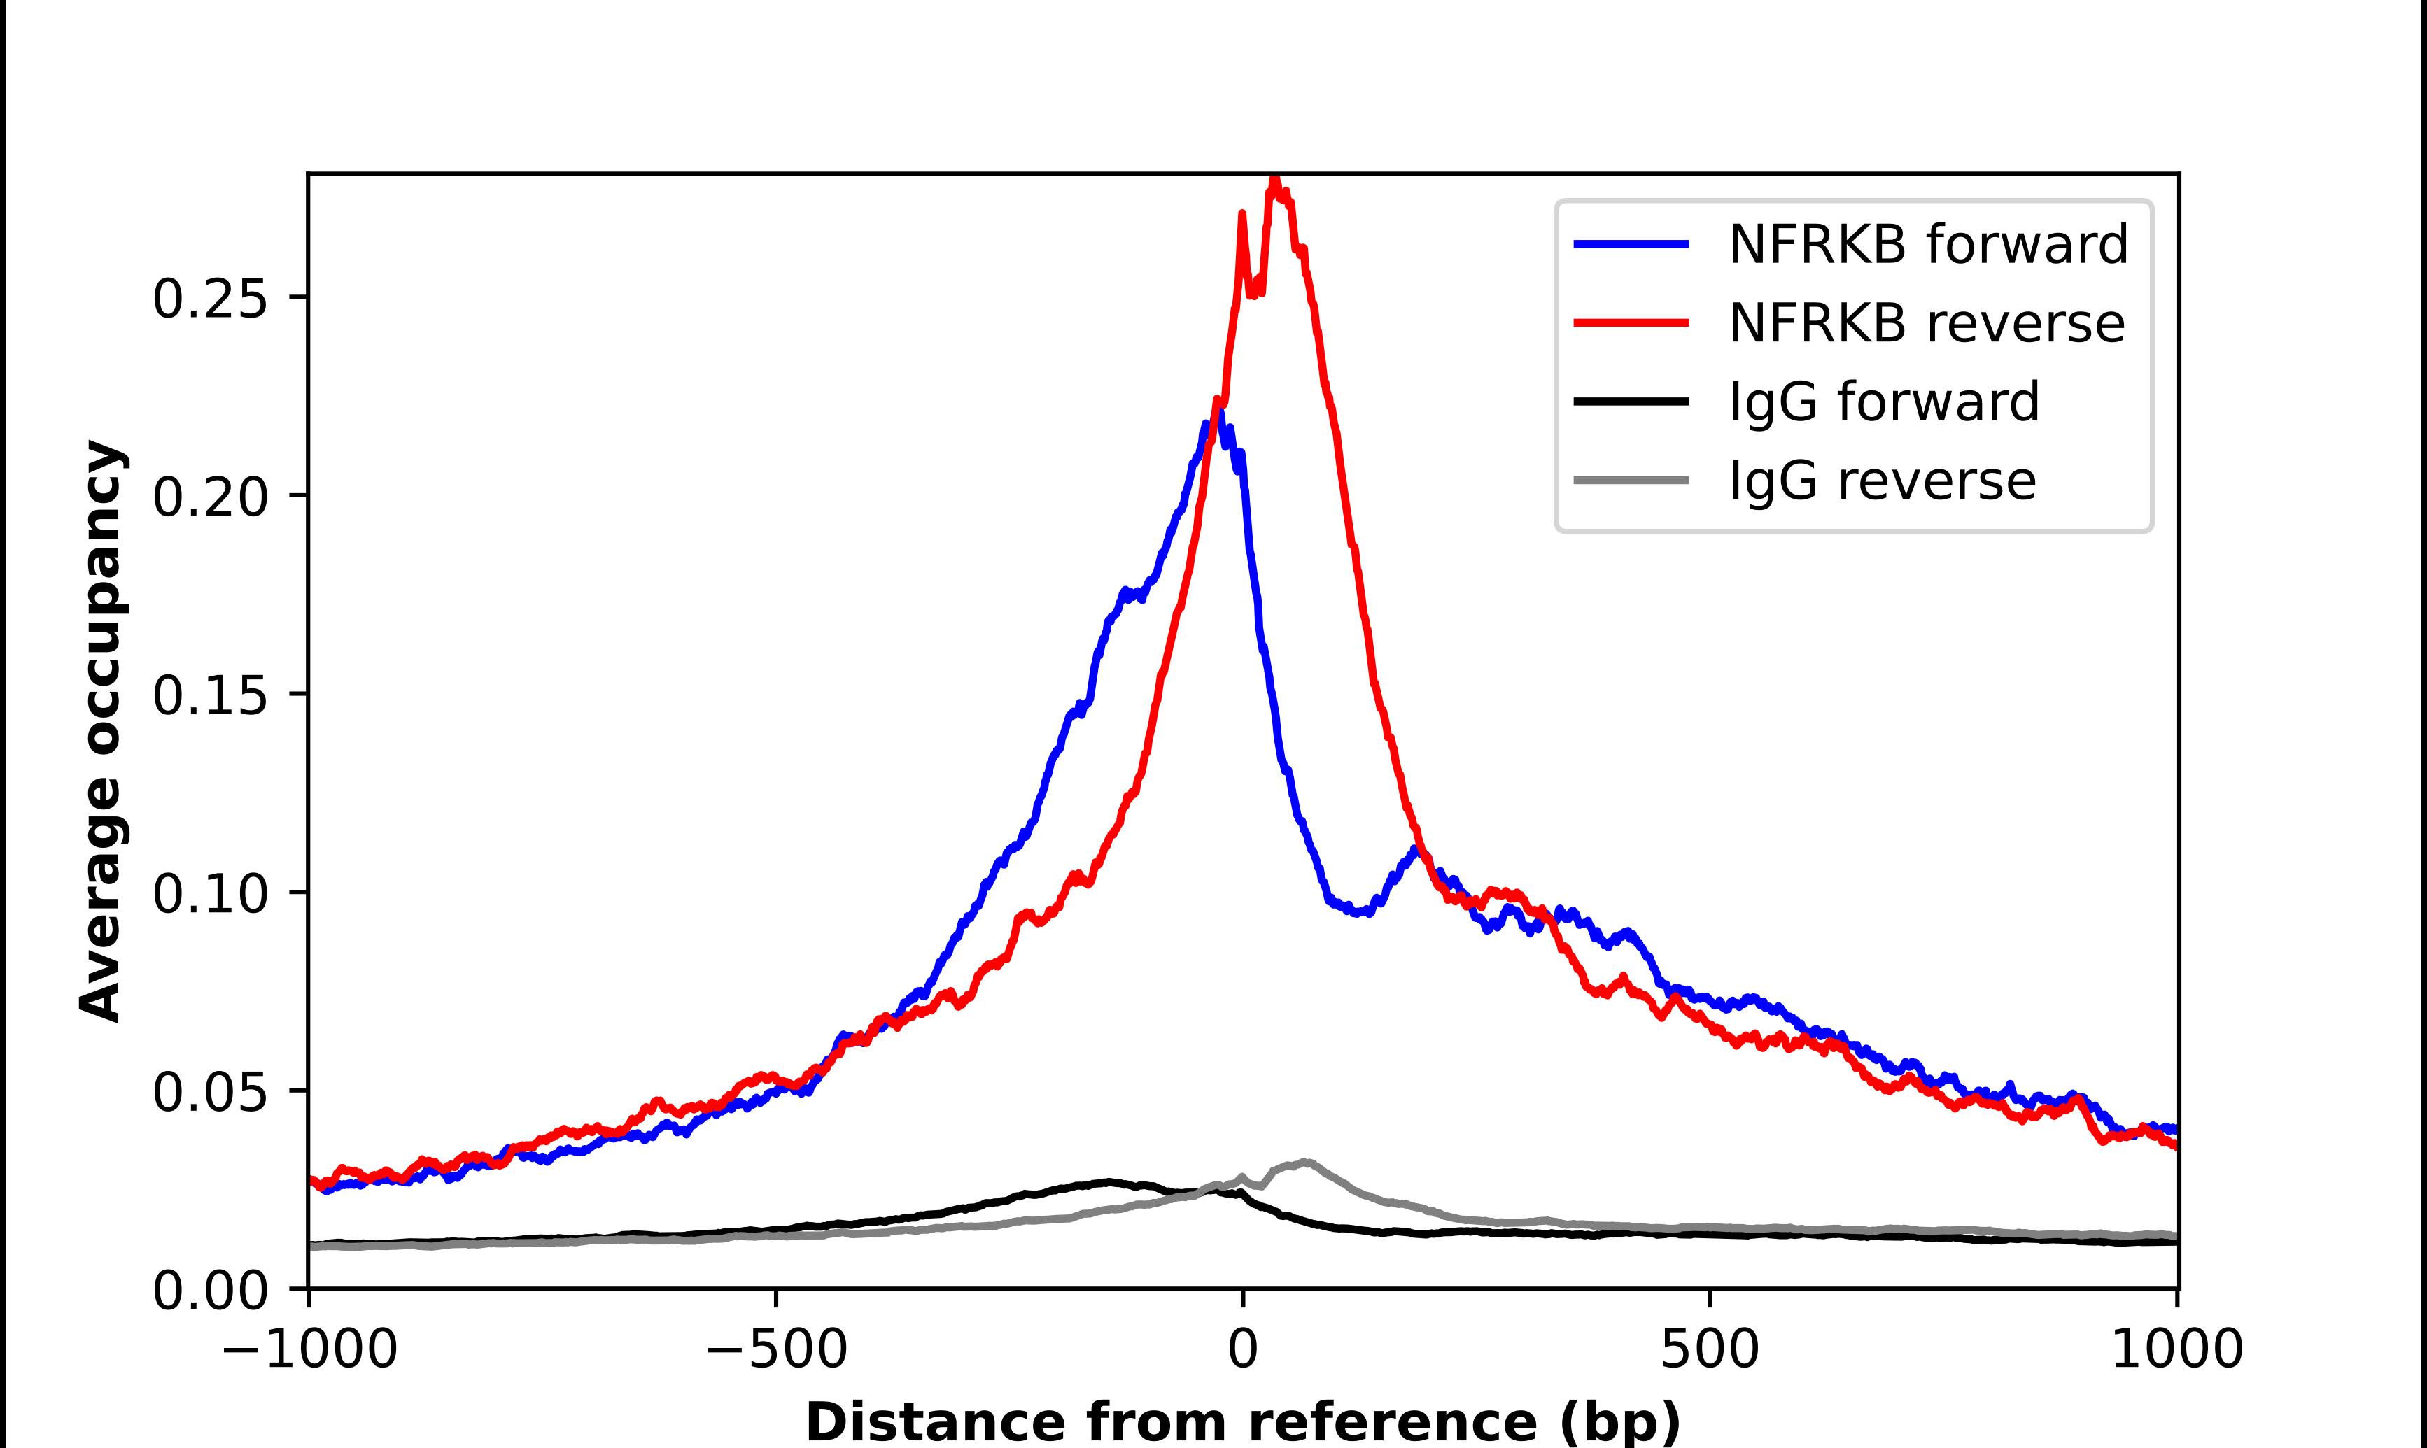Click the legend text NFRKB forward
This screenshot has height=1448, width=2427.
pos(1927,244)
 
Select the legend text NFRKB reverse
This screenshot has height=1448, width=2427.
pos(1925,323)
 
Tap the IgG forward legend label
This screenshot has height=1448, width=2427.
pos(1883,402)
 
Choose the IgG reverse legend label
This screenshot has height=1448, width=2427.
pos(1882,481)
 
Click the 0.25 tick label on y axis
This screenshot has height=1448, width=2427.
pos(210,299)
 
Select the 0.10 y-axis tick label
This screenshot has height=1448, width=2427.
pos(210,893)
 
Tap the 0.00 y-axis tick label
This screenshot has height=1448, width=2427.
pos(210,1290)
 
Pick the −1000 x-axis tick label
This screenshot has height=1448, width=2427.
pos(309,1351)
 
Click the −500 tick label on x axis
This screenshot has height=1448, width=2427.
pos(776,1351)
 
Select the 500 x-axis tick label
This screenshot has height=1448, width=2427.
pos(1710,1351)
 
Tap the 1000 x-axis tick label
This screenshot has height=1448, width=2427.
pos(2176,1351)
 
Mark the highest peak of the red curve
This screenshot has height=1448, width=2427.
pos(1274,180)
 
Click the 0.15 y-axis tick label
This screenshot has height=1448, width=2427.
pos(210,695)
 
